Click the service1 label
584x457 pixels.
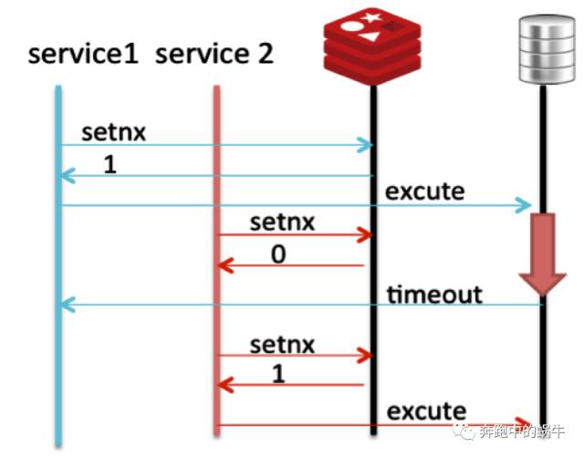[83, 55]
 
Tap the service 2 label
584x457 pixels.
[214, 55]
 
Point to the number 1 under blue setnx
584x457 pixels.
[110, 167]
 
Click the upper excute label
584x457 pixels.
[424, 192]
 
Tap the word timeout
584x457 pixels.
[434, 294]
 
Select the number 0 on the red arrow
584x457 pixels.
[278, 254]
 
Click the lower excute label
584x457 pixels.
[426, 411]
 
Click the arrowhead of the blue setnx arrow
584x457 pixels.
[367, 145]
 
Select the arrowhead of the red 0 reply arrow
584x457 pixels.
[224, 266]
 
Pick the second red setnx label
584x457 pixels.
[282, 345]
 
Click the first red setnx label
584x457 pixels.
[282, 223]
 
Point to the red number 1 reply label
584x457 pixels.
[277, 374]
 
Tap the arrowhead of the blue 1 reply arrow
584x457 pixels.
[66, 175]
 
